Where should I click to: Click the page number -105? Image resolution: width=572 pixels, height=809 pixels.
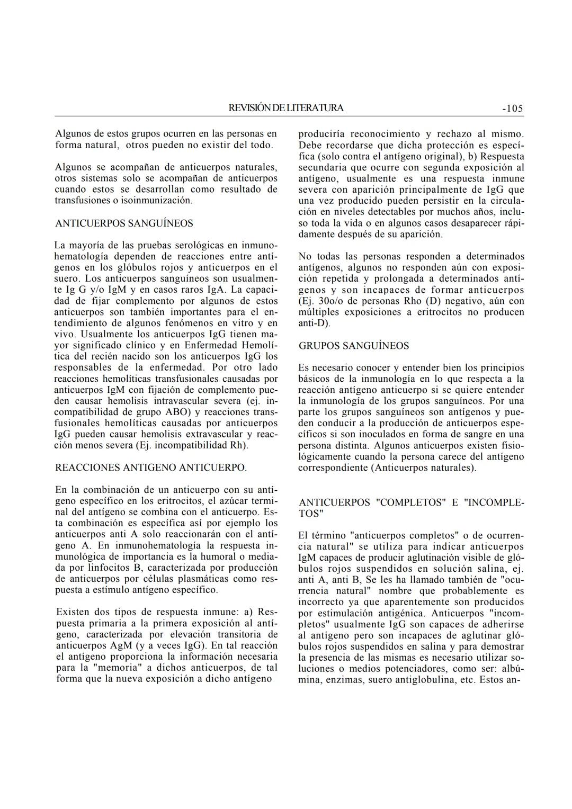coord(512,109)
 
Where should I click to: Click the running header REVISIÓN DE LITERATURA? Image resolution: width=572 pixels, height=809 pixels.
coord(286,108)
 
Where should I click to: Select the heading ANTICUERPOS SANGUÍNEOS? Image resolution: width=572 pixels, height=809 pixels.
coord(124,223)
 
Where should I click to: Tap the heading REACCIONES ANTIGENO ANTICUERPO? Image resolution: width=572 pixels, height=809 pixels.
coord(151,468)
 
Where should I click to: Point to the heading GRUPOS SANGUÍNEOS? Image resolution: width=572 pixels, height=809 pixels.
coord(354,346)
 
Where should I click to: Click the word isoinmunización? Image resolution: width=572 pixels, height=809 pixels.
coord(158,201)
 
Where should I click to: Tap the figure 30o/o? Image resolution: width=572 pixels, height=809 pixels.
coord(327,301)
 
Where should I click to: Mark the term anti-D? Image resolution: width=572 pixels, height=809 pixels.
coord(312,323)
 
